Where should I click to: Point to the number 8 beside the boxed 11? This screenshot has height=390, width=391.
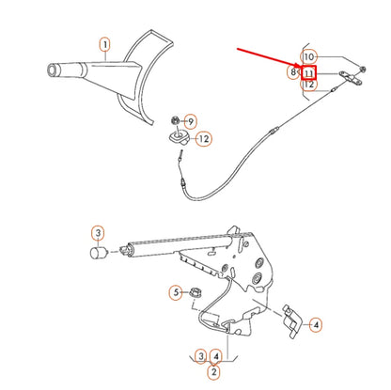pos(293,71)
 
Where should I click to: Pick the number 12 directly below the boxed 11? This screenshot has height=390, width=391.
pos(308,85)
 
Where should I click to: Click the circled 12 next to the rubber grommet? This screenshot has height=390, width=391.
pos(203,139)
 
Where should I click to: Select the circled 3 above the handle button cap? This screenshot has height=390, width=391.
pos(97,232)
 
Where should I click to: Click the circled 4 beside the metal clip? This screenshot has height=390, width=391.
pos(316,324)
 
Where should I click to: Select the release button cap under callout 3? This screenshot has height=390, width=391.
pos(97,252)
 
